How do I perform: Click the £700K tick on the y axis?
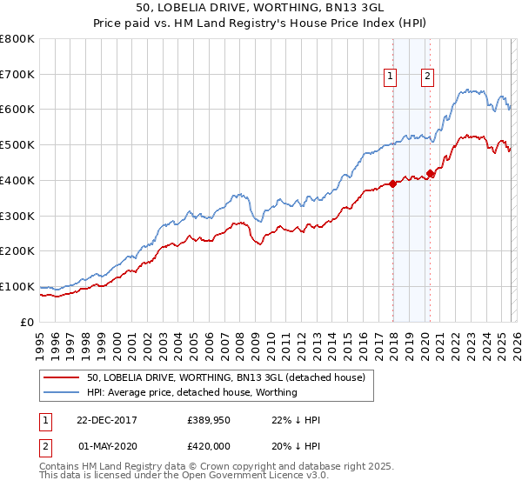coord(17,75)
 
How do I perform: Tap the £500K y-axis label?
coord(17,145)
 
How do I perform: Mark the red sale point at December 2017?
coord(392,183)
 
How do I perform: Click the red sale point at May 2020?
coord(429,173)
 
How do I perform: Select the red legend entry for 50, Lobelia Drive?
coord(231,377)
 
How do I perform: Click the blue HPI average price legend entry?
coord(191,392)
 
